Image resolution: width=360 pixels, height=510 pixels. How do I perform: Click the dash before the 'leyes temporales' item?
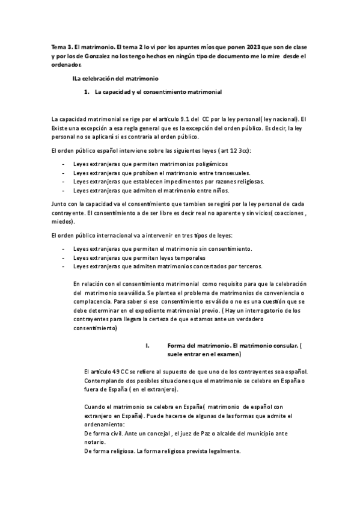tap(64, 257)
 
